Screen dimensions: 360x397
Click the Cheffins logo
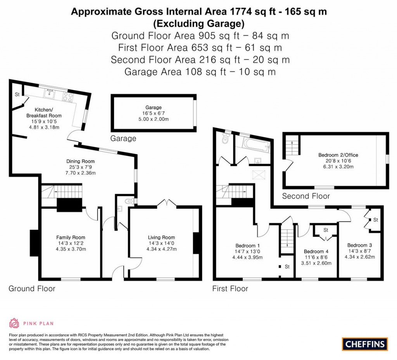pyautogui.click(x=365, y=343)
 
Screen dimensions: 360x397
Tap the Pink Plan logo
pyautogui.click(x=31, y=323)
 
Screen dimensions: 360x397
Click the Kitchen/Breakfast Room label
pyautogui.click(x=44, y=112)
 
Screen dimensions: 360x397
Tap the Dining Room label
pyautogui.click(x=80, y=161)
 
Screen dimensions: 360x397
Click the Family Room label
pyautogui.click(x=71, y=237)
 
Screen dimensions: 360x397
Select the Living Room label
pyautogui.click(x=161, y=237)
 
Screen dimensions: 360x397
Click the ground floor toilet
pyautogui.click(x=129, y=201)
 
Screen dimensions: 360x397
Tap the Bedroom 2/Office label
pyautogui.click(x=333, y=155)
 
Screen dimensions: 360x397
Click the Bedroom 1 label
pyautogui.click(x=248, y=245)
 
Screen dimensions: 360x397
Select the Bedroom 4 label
pyautogui.click(x=316, y=251)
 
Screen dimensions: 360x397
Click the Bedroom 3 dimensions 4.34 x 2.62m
pyautogui.click(x=360, y=256)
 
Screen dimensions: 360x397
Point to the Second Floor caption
pyautogui.click(x=306, y=196)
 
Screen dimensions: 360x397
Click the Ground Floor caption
pyautogui.click(x=32, y=289)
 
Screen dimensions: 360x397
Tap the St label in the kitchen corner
pyautogui.click(x=17, y=94)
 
